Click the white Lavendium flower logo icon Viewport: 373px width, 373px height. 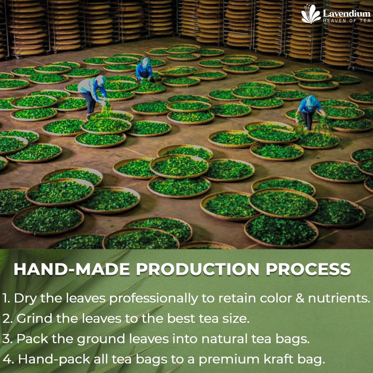pos(311,14)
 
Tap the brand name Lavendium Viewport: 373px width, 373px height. pos(346,14)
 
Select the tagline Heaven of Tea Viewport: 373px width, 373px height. pos(346,21)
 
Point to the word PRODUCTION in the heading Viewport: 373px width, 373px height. pos(197,269)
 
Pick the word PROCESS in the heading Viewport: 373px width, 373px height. pos(308,269)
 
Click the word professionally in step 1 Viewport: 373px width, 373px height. pos(153,299)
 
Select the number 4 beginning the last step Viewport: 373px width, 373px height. pos(7,359)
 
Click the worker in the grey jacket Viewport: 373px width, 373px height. pos(92,94)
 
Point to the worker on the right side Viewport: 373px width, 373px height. pos(309,112)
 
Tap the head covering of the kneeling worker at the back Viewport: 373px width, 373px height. pos(145,62)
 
